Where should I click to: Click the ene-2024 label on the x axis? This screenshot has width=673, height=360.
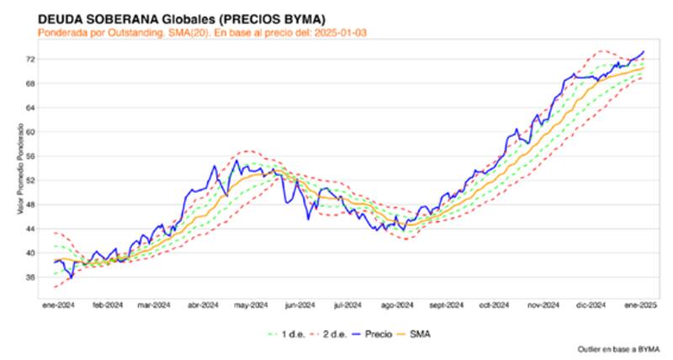point(57,305)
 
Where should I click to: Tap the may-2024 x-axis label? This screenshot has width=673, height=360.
point(251,305)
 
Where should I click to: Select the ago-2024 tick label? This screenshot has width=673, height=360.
point(398,305)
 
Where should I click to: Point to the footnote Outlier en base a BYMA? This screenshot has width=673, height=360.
point(618,347)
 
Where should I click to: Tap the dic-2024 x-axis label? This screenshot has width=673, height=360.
point(594,305)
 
